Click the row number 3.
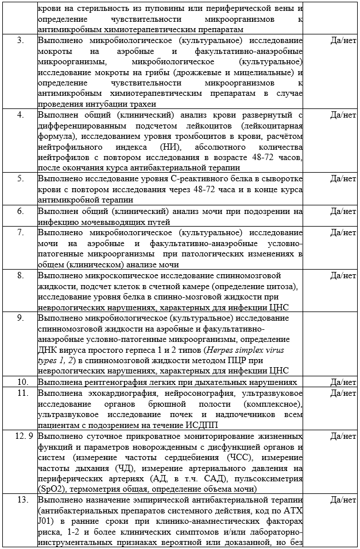coord(21,41)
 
